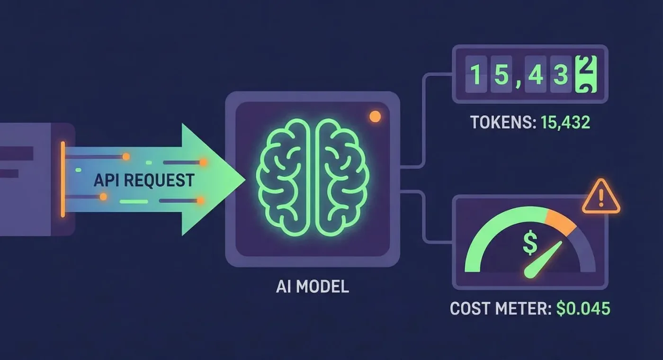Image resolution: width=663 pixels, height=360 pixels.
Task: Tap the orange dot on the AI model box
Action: coord(375,117)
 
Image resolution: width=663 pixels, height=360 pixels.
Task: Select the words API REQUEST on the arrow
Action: coord(144,180)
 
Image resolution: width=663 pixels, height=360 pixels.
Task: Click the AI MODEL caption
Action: coord(312,287)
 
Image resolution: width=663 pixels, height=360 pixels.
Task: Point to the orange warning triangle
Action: coord(601,197)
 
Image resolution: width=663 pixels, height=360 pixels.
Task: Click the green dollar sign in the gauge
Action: coord(530,243)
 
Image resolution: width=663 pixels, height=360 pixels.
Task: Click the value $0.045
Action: coord(583,308)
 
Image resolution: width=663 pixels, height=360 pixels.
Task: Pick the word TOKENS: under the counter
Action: coord(503,122)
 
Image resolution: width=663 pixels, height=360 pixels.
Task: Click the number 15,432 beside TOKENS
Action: coord(565,122)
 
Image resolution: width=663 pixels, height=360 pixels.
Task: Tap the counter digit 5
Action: coord(501,74)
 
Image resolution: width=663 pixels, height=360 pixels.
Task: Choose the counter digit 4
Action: coord(536,74)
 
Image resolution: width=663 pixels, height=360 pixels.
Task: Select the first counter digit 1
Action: coord(475,74)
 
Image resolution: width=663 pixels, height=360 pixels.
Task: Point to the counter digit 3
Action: coord(561,74)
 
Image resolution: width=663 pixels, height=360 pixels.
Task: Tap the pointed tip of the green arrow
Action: coord(245,180)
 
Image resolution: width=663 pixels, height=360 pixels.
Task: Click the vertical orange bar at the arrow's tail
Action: coord(63,180)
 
